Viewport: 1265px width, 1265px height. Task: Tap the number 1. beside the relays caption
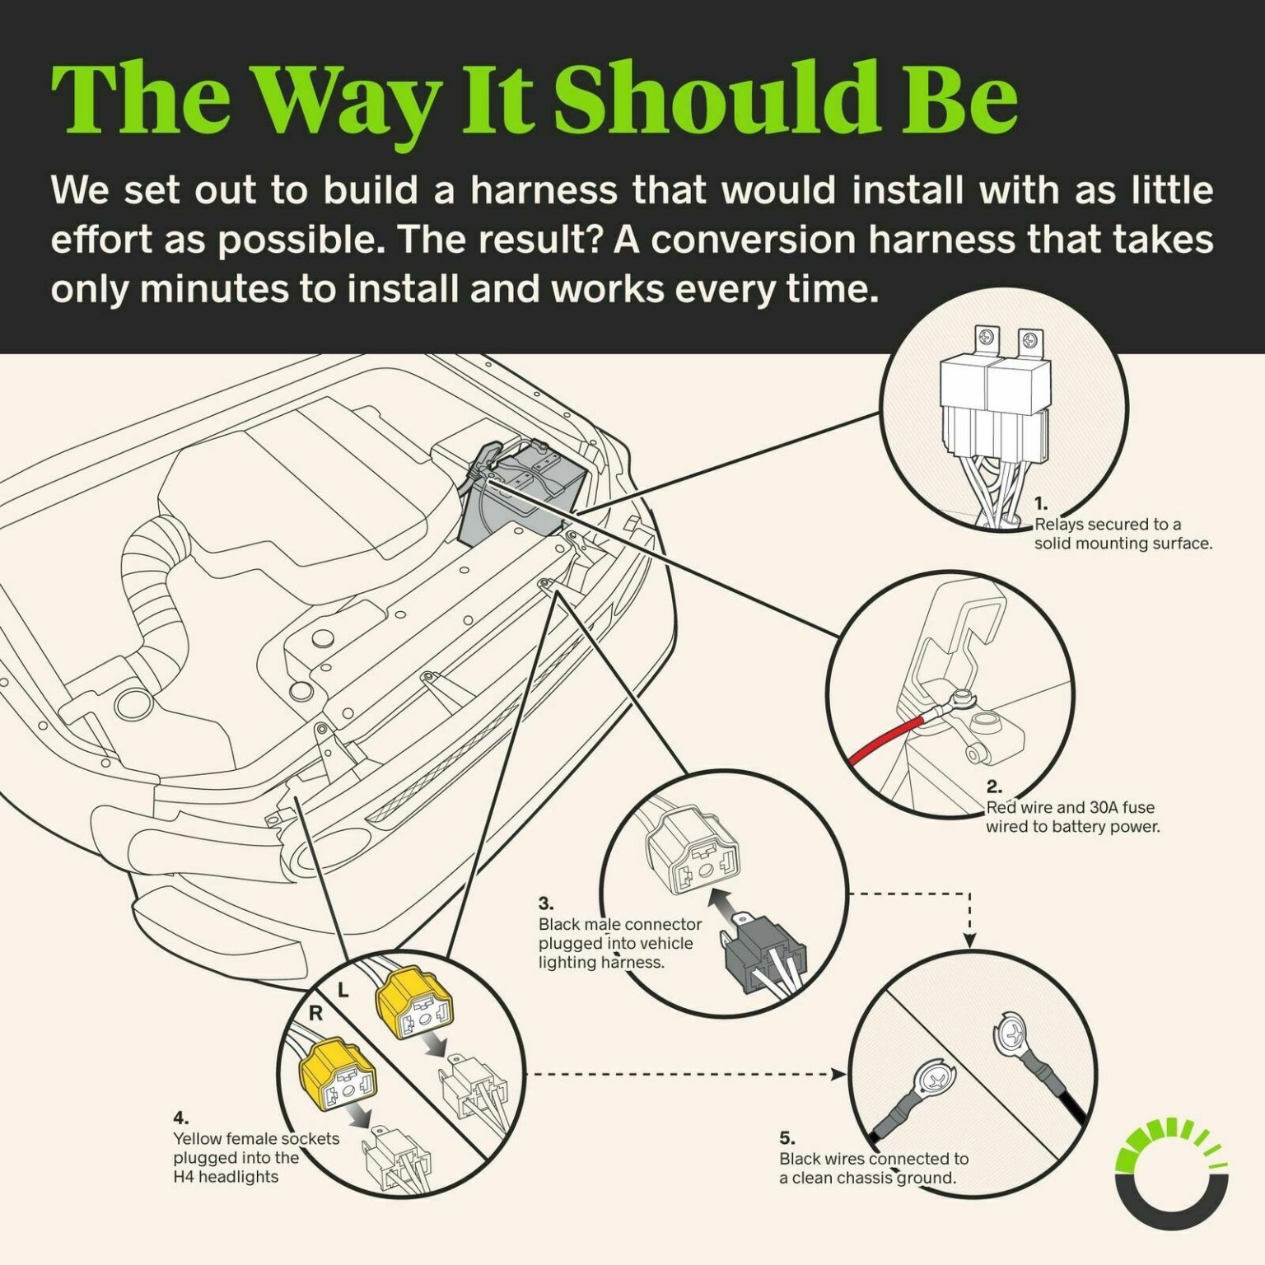(1041, 504)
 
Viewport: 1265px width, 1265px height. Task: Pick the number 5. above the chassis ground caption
(787, 1138)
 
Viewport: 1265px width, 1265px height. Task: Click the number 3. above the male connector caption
(546, 904)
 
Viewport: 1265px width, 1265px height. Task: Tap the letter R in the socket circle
(315, 1014)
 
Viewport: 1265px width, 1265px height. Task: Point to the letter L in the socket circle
(343, 991)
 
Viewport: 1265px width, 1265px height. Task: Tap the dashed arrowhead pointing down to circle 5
(969, 941)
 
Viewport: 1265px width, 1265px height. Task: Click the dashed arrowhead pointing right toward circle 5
(839, 1074)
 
